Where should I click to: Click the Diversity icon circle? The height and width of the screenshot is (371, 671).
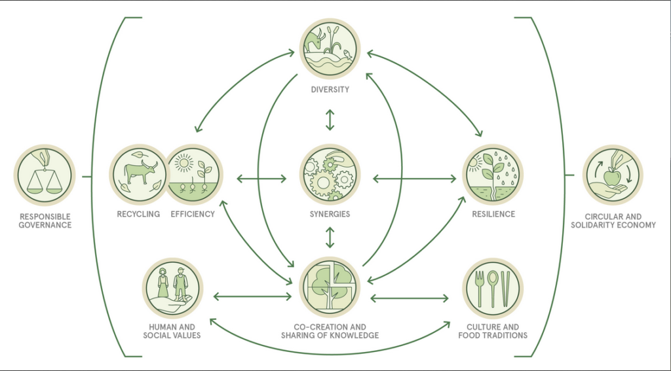(330, 48)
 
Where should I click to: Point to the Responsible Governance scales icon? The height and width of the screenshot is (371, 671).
(45, 175)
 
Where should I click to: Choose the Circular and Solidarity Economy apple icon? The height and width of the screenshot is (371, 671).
(613, 175)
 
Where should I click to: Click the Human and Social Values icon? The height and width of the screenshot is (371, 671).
(172, 288)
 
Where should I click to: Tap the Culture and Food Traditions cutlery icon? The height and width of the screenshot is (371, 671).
(493, 288)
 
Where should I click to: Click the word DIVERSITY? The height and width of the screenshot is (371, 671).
(330, 90)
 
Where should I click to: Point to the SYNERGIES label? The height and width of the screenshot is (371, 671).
(330, 214)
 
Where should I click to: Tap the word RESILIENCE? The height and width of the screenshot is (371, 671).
(493, 214)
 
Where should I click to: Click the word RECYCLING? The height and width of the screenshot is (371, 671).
(138, 214)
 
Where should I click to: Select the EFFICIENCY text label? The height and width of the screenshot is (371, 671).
(193, 214)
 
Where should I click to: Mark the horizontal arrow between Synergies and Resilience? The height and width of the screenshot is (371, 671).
(414, 179)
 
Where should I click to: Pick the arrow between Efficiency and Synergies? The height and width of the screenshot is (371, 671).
(261, 179)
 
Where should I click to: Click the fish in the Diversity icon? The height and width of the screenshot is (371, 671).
(347, 55)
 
